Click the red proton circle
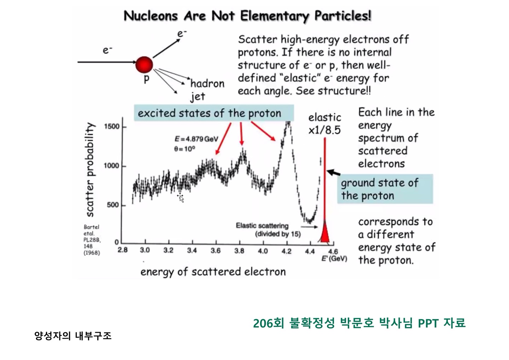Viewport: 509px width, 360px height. [x=144, y=65]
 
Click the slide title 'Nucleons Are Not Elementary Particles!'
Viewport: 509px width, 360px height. [x=247, y=16]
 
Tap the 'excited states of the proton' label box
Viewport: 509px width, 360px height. [x=213, y=113]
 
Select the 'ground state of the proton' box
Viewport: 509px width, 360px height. [x=385, y=189]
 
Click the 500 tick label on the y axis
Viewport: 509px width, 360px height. [x=112, y=205]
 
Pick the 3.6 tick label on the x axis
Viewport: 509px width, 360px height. [x=215, y=251]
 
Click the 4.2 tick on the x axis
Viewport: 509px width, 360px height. [x=286, y=251]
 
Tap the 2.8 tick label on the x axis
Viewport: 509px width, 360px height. [x=123, y=250]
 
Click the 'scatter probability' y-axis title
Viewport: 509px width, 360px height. [x=90, y=170]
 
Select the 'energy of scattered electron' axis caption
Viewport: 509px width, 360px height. [x=213, y=272]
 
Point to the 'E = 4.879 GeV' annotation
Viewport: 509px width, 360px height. [x=197, y=139]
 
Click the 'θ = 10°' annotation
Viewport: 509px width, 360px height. [x=184, y=149]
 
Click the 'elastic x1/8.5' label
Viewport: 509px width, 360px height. [x=324, y=124]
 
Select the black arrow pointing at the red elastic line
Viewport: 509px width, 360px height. [x=334, y=173]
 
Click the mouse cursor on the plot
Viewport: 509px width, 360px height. [x=181, y=197]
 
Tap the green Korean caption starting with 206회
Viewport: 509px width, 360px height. [x=359, y=323]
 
